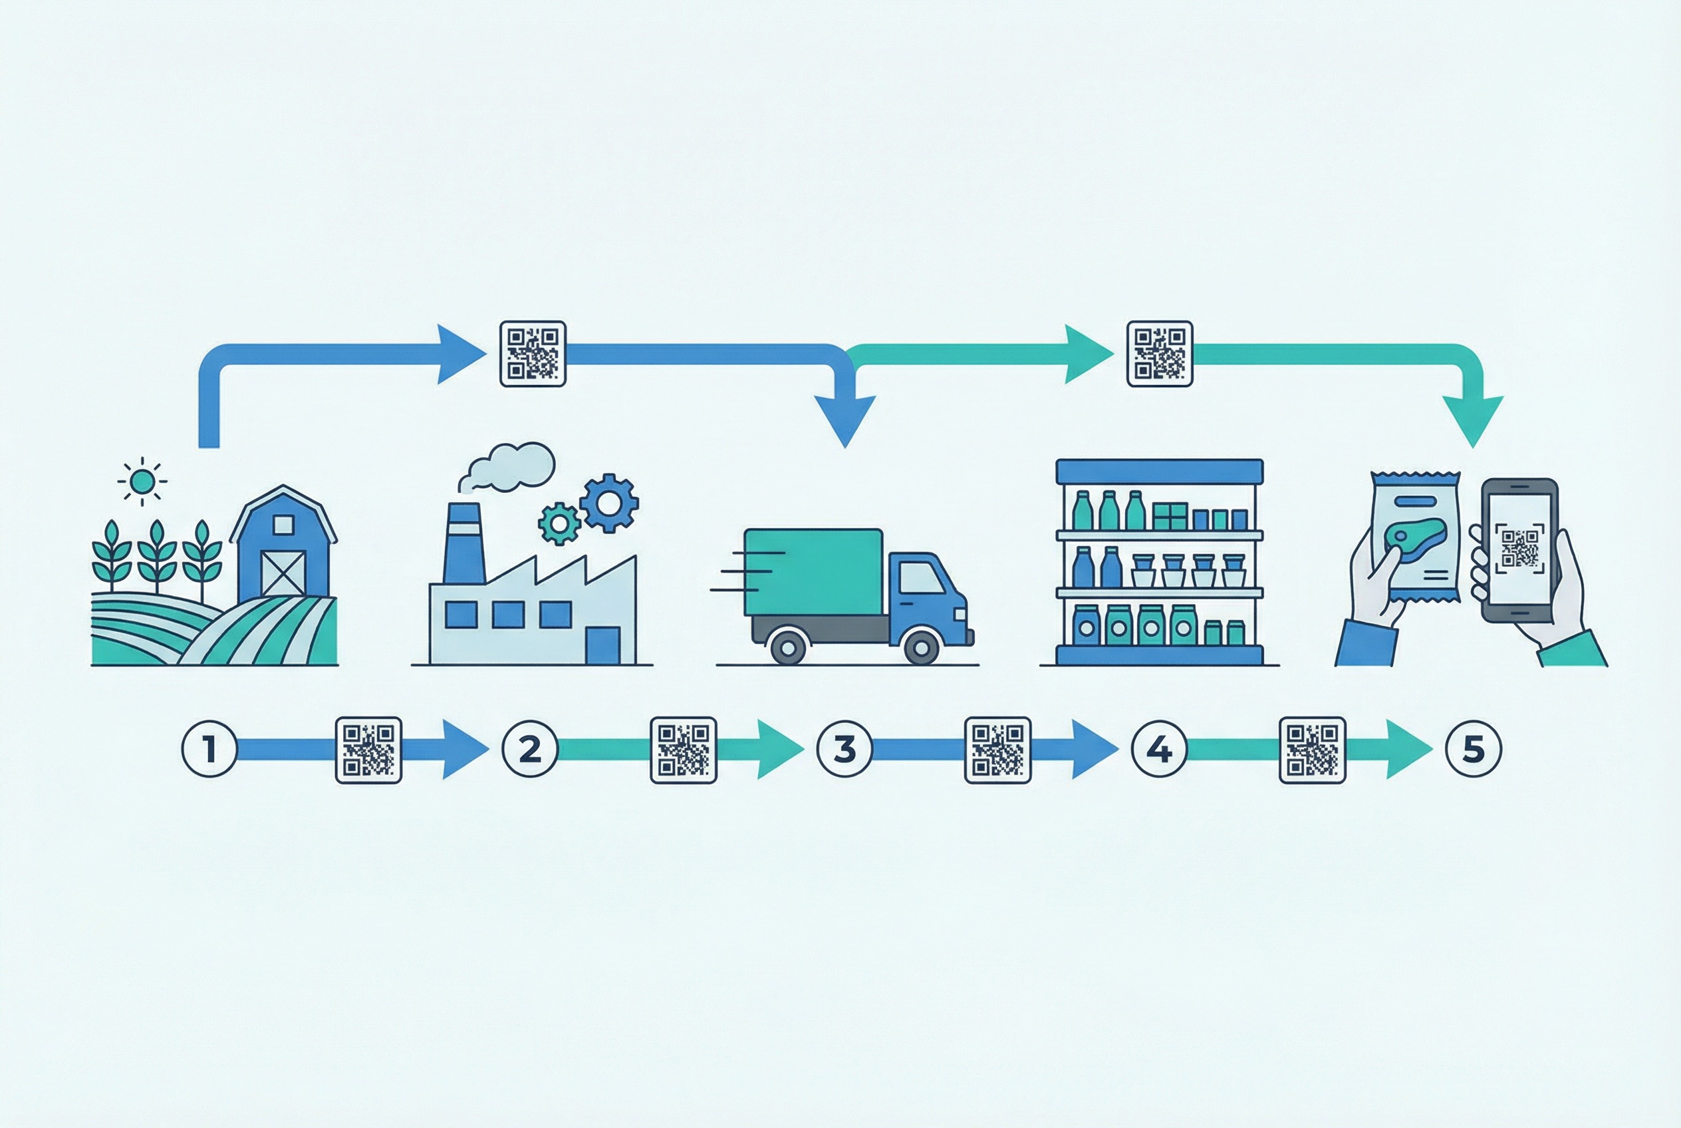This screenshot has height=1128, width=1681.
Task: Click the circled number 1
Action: (209, 749)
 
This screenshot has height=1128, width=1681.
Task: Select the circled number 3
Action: (844, 749)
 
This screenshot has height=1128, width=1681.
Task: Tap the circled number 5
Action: (1473, 749)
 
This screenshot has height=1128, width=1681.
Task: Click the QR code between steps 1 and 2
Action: (368, 750)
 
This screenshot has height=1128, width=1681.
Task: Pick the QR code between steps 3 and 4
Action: (997, 750)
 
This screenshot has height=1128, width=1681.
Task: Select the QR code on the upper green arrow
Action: (1159, 353)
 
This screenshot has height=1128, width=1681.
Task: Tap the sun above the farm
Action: (142, 482)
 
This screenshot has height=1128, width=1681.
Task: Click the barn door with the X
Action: (283, 573)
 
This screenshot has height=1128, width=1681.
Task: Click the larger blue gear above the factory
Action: (609, 503)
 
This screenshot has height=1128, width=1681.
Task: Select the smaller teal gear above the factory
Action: (559, 523)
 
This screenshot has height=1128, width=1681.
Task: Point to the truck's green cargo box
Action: (813, 572)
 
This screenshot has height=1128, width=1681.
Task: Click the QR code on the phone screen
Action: (1519, 548)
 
